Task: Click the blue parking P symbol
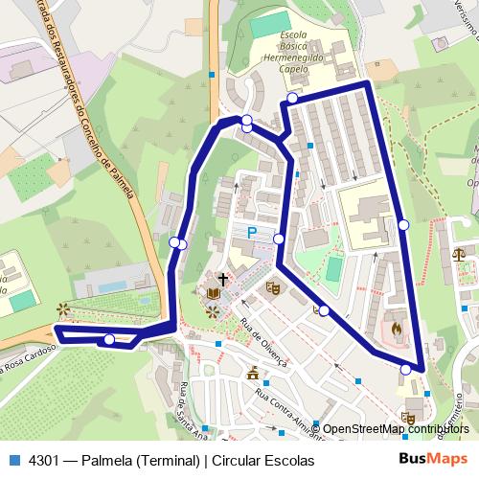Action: pyautogui.click(x=252, y=233)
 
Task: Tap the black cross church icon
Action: pyautogui.click(x=223, y=280)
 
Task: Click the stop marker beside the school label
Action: pyautogui.click(x=291, y=99)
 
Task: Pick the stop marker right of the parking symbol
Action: pyautogui.click(x=279, y=239)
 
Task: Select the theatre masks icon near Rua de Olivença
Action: pyautogui.click(x=272, y=286)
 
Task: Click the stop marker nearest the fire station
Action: pyautogui.click(x=406, y=369)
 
